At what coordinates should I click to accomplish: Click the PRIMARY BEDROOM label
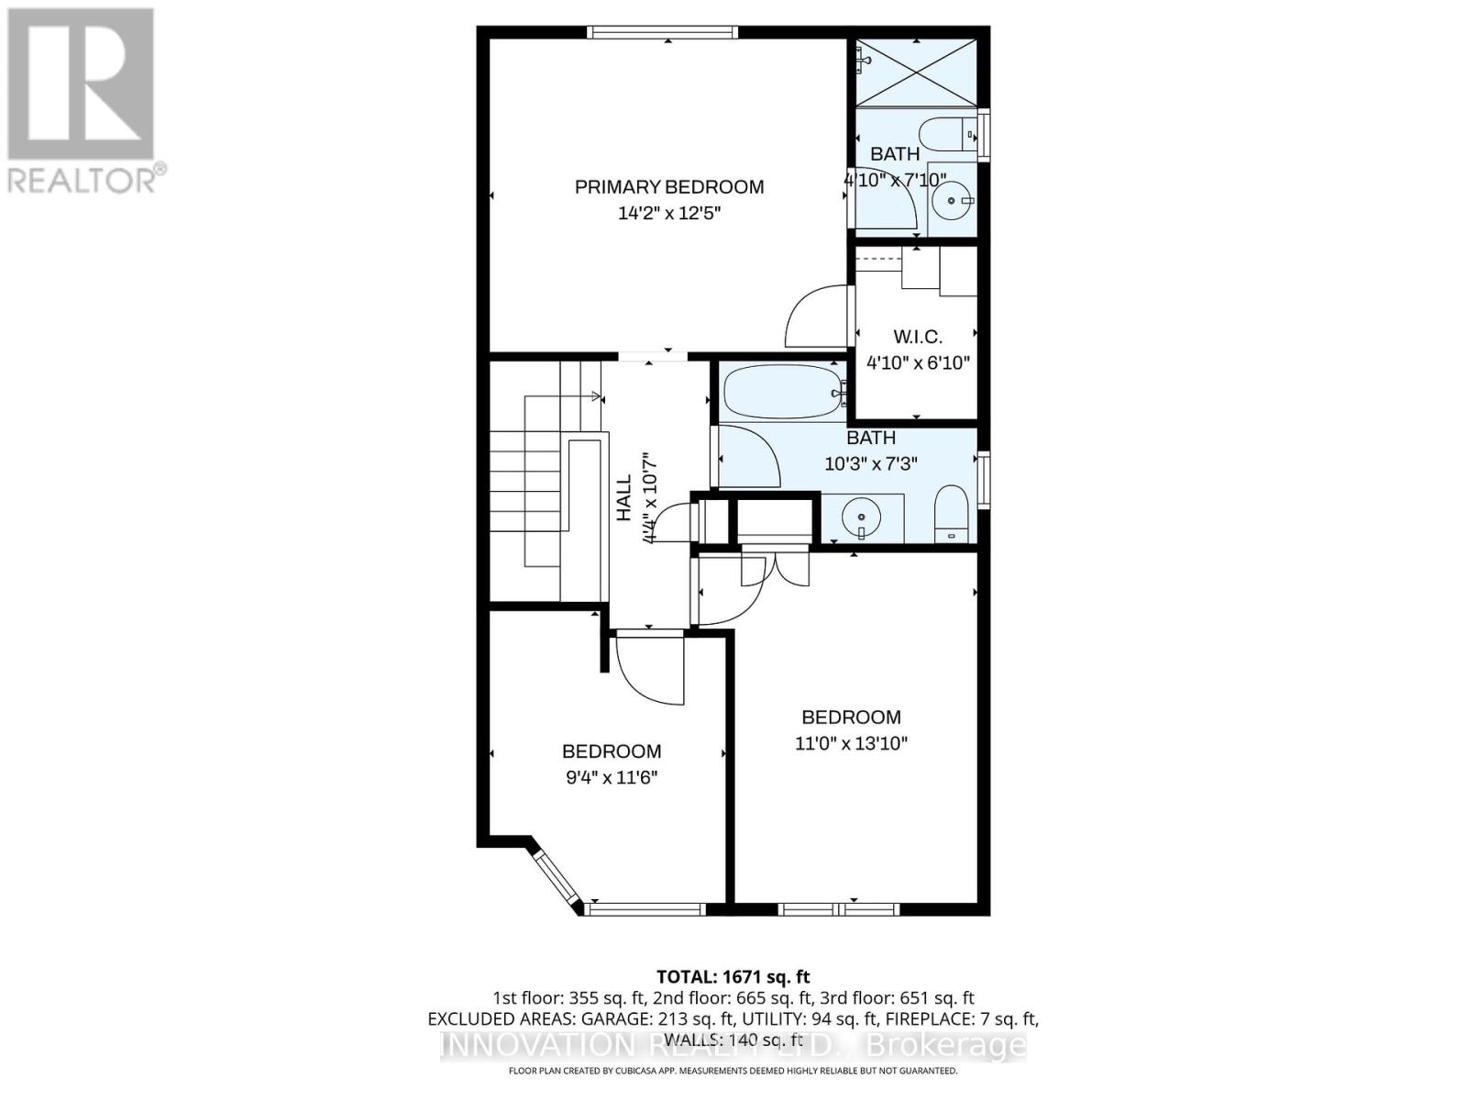[668, 187]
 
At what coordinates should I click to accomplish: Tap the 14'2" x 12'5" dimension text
[668, 214]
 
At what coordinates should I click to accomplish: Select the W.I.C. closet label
[917, 337]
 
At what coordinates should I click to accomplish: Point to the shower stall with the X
[916, 72]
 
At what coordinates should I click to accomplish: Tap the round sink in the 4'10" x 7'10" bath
[953, 199]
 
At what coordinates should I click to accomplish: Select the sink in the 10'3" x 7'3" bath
[862, 518]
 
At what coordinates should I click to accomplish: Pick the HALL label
[623, 498]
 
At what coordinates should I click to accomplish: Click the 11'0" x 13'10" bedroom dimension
[851, 743]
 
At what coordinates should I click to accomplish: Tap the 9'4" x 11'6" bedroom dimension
[612, 778]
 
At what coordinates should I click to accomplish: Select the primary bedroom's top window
[661, 33]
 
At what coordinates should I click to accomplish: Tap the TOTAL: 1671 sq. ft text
[733, 977]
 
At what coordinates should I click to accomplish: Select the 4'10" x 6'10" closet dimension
[918, 362]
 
